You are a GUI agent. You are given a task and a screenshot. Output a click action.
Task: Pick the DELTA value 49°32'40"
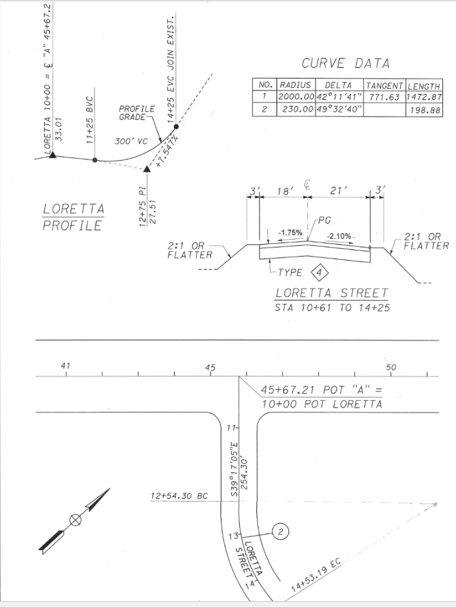pos(339,109)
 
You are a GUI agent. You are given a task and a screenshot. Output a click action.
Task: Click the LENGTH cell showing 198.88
pos(424,109)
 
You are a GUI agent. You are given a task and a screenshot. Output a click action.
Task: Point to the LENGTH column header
pos(424,85)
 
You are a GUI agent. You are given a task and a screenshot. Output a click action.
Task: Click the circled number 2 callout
pos(280,532)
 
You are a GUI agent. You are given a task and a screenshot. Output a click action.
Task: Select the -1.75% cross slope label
pos(290,233)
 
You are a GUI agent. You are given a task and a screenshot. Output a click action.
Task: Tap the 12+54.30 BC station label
pos(179,495)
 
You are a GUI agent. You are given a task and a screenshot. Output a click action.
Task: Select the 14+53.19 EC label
pos(316,575)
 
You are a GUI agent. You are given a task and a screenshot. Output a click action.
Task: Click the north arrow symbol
pos(75,519)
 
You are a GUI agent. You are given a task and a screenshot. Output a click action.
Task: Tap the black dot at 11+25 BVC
pos(95,160)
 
